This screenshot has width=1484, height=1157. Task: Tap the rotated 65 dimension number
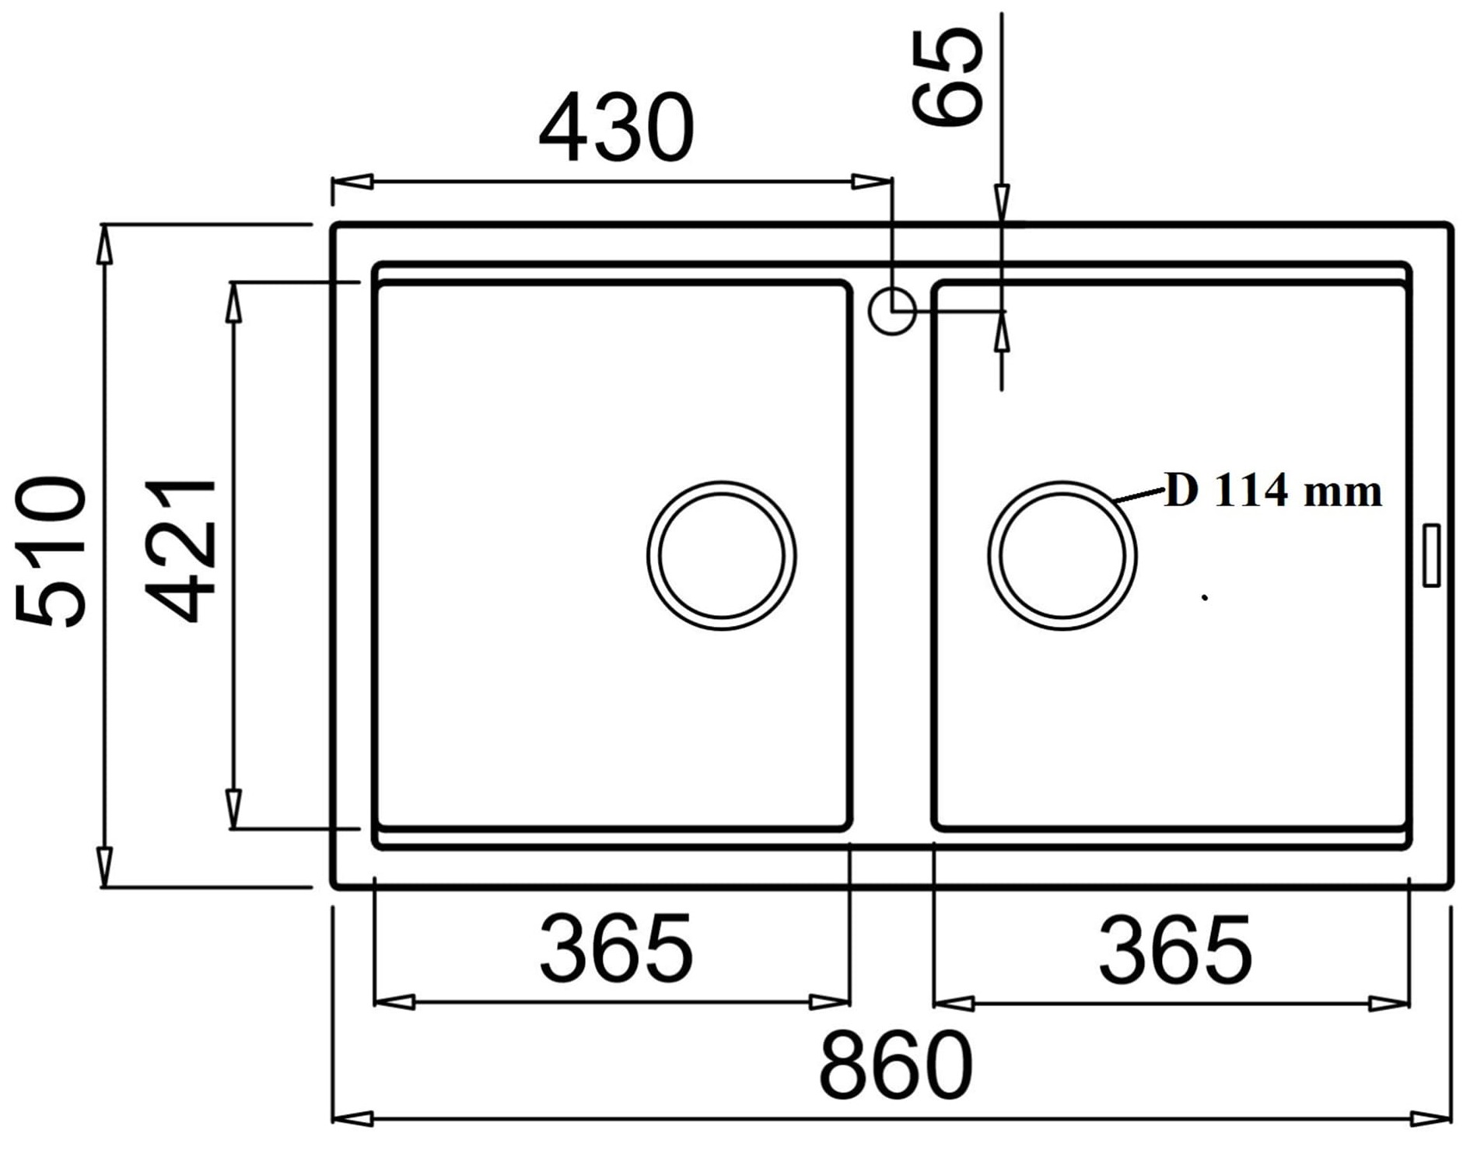[947, 76]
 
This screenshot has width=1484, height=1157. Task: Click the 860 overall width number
[896, 1064]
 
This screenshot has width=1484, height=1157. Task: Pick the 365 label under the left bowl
[616, 949]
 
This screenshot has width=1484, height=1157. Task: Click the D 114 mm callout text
[1273, 491]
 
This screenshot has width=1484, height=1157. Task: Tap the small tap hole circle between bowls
[892, 310]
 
